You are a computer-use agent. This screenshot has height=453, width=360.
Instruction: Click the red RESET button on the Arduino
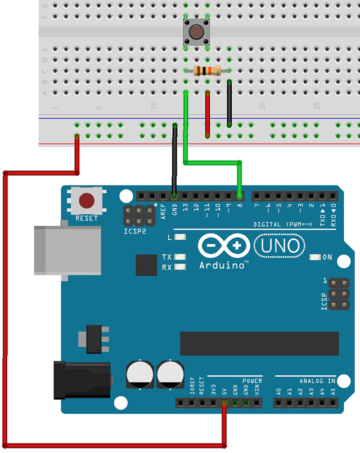[87, 200]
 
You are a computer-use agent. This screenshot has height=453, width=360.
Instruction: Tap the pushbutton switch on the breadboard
[196, 33]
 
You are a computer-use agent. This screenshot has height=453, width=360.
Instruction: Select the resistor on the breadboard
[207, 71]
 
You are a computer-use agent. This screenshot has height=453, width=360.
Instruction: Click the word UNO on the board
[280, 245]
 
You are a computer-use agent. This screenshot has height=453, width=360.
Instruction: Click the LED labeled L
[181, 237]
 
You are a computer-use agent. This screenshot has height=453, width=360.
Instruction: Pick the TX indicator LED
[181, 257]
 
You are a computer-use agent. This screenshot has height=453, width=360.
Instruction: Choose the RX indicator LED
[181, 267]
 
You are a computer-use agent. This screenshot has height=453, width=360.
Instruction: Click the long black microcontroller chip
[259, 344]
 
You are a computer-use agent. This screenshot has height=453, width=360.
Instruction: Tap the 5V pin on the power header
[224, 403]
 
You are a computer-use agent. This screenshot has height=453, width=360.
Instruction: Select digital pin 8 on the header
[240, 196]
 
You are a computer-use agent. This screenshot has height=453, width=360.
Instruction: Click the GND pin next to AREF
[174, 196]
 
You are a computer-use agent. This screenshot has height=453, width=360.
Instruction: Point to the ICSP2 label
[136, 230]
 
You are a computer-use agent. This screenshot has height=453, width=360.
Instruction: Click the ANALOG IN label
[314, 380]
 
